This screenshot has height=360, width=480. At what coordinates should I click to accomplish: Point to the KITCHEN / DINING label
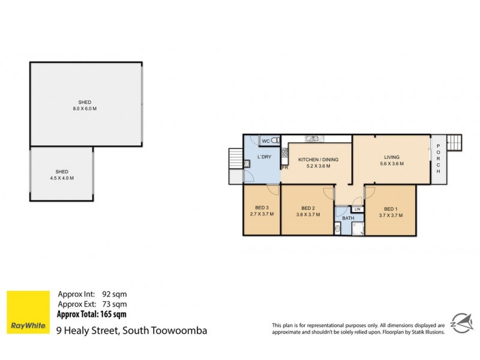(x=319, y=159)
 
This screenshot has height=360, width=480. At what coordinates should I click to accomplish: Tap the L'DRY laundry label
(x=264, y=157)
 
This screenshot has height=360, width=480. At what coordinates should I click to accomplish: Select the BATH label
(x=348, y=218)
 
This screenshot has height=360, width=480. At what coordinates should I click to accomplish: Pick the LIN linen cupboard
(x=357, y=208)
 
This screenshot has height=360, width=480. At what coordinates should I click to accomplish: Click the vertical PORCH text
(x=439, y=160)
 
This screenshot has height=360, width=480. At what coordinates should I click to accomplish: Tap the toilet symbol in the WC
(x=275, y=141)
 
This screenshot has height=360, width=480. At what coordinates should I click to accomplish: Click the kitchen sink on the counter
(x=312, y=139)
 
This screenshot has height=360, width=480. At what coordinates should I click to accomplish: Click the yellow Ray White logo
(x=28, y=313)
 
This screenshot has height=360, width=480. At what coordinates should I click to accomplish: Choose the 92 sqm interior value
(x=113, y=294)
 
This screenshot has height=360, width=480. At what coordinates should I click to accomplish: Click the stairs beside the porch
(x=456, y=142)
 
